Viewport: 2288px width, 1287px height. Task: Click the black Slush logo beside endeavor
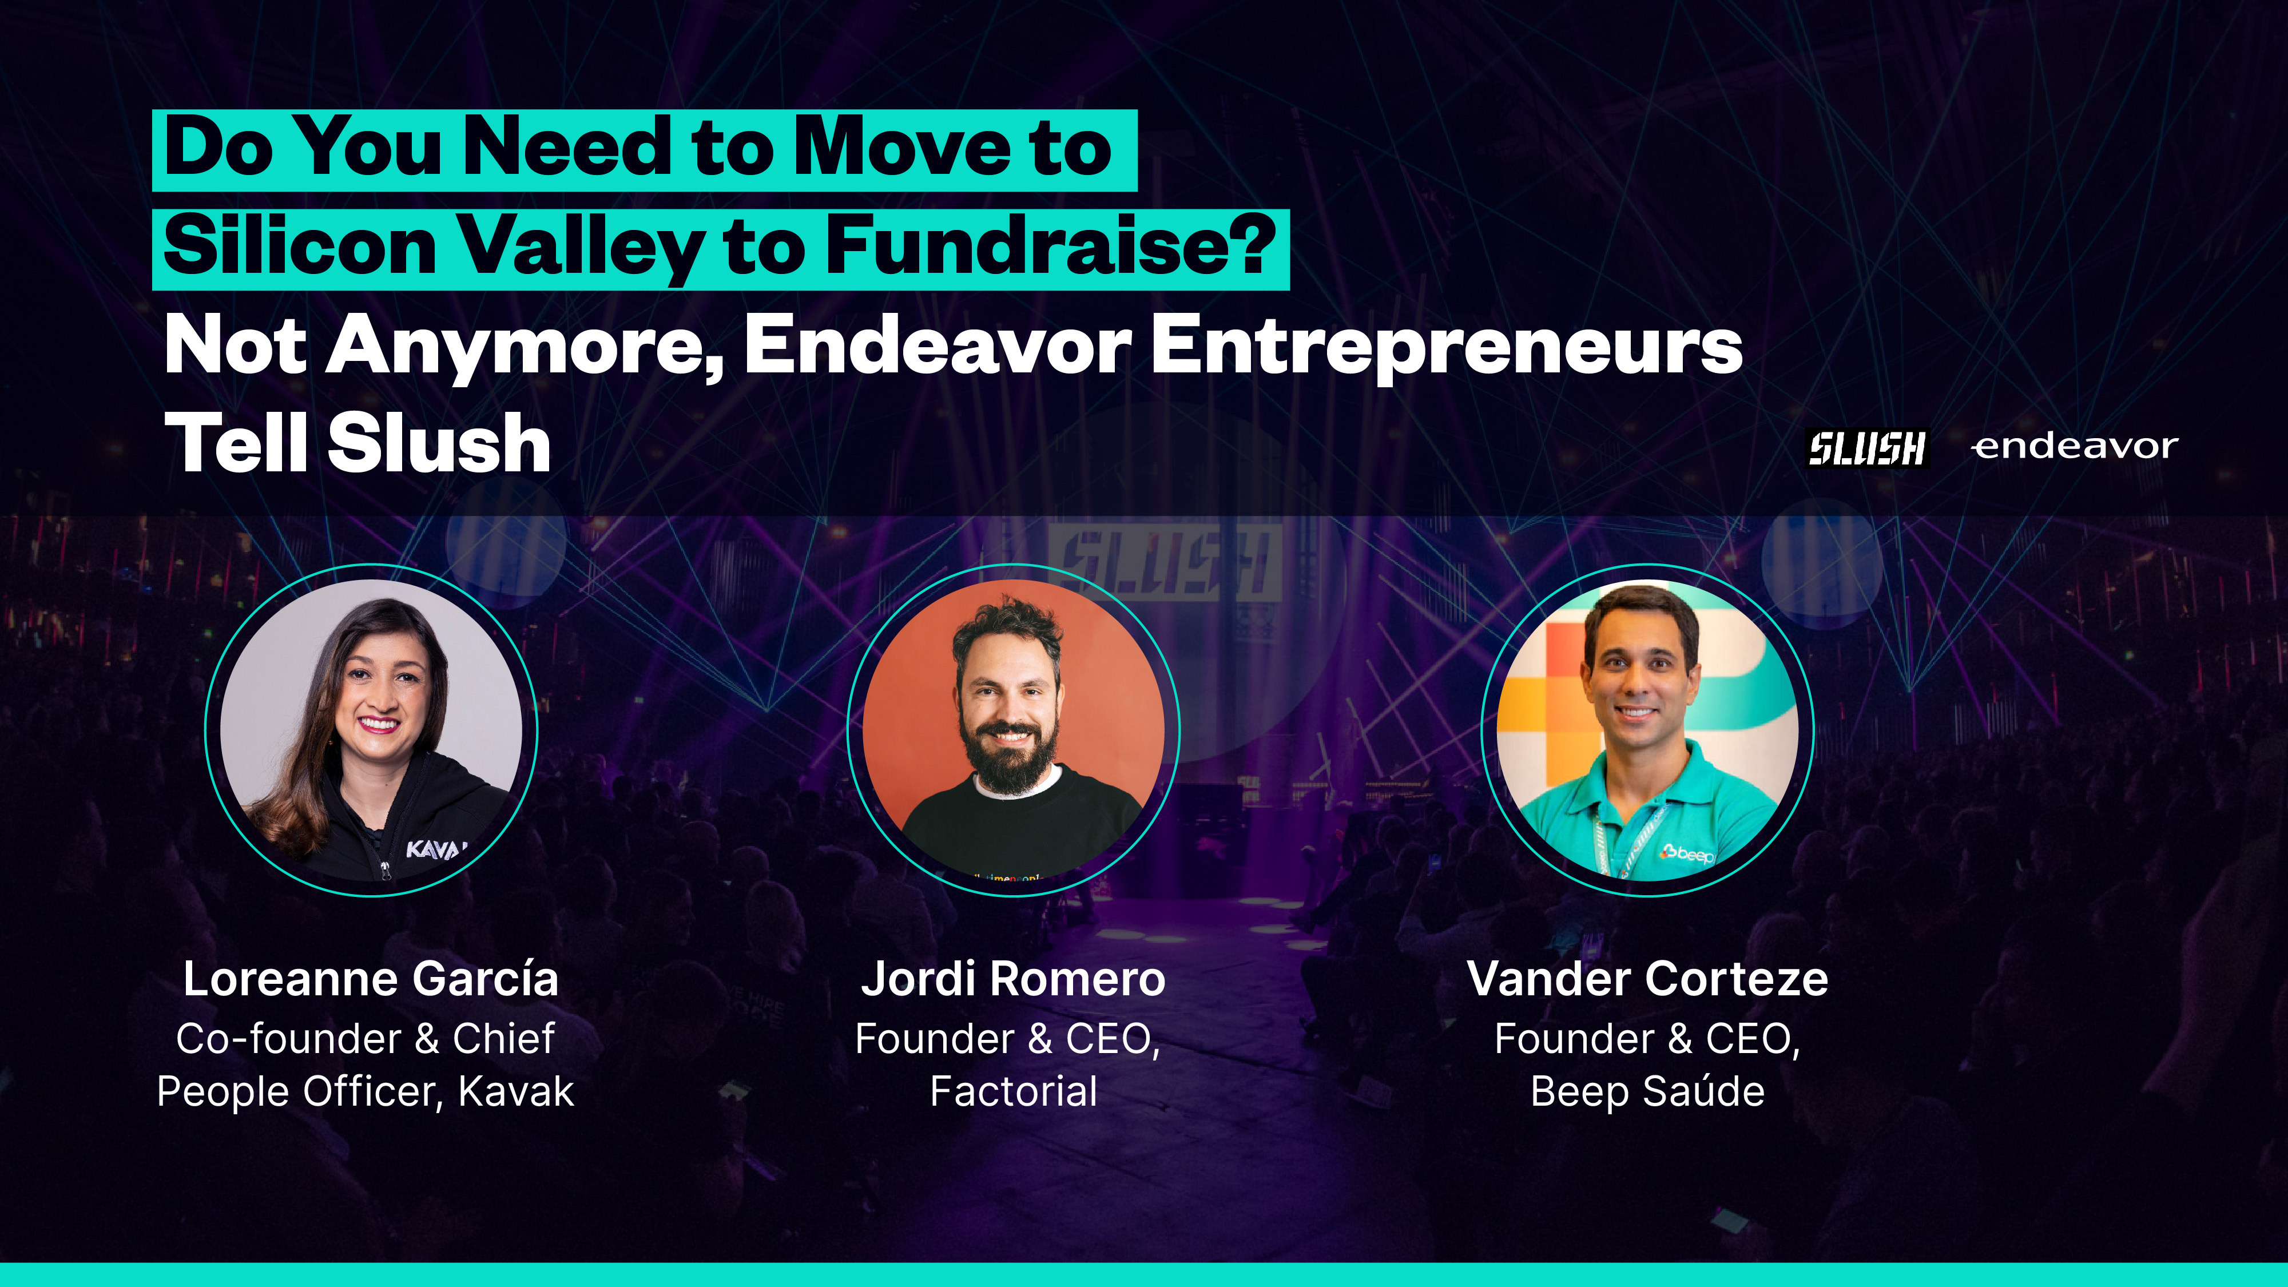[1867, 448]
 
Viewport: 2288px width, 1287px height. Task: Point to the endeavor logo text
[2074, 446]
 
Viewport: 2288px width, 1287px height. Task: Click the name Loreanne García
[371, 979]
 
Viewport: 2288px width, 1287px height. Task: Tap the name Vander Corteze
[1647, 979]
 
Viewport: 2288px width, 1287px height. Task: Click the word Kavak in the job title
[516, 1091]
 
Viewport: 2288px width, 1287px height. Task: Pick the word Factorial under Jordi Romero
[1014, 1091]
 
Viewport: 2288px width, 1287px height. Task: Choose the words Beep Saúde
[1647, 1091]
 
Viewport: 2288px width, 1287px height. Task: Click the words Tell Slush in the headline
[358, 444]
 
